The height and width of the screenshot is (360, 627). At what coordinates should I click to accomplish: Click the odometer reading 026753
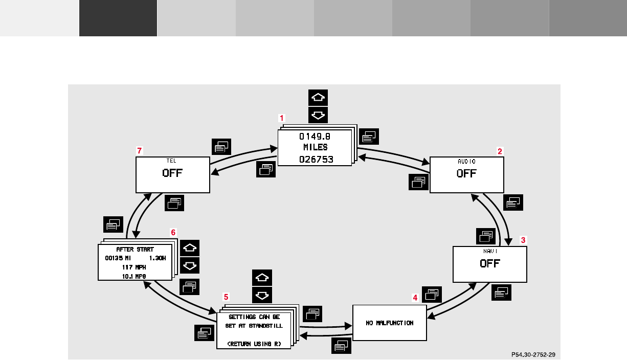pos(316,159)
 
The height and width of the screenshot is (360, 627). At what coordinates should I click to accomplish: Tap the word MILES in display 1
pos(316,147)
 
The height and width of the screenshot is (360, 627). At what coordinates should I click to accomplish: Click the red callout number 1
pos(281,118)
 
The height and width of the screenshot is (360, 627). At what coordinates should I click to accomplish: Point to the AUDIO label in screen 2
pos(466,161)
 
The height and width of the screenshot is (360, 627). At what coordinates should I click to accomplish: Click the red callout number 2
pos(500,151)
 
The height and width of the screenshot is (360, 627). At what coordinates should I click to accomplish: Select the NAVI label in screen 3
pos(490,252)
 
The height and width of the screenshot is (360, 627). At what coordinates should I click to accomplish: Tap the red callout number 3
pos(523,239)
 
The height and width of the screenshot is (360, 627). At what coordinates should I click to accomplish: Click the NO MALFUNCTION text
pos(389,323)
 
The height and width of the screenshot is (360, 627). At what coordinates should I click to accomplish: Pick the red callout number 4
pos(415,297)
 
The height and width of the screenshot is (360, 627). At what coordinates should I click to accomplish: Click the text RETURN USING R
pos(254,344)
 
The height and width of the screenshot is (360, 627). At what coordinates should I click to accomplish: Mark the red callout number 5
pos(226,297)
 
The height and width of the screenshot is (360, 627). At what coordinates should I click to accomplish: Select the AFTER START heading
pos(135,250)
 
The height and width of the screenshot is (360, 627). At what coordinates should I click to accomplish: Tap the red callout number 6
pos(173,232)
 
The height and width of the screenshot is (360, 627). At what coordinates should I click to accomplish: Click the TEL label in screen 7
pos(172,161)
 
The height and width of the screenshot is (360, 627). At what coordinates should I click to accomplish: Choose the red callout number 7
pos(139,151)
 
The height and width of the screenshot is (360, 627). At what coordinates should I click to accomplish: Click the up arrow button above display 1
pos(318,98)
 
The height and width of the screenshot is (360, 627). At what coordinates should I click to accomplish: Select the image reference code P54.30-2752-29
pos(533,353)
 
